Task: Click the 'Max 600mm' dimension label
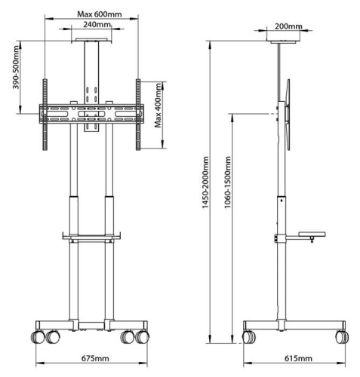[x=101, y=14]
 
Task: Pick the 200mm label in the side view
[x=288, y=27]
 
